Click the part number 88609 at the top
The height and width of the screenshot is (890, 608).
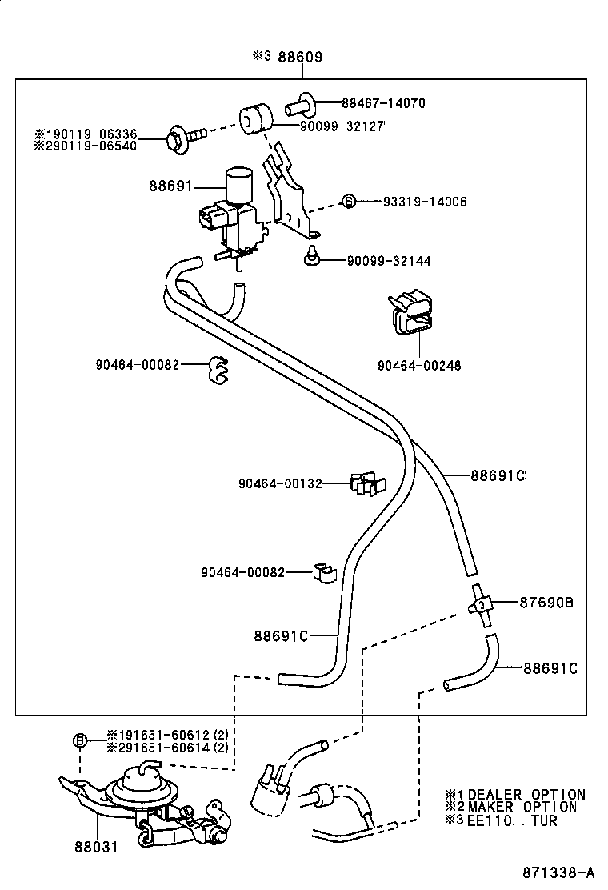(x=300, y=57)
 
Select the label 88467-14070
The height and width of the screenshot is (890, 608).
(x=383, y=103)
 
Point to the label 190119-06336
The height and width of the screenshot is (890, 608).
(x=90, y=134)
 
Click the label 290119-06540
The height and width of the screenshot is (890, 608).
(x=90, y=146)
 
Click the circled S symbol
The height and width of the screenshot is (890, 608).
(x=349, y=202)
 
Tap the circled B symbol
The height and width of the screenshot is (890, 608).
(x=80, y=740)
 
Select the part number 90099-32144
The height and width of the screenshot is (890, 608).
(x=388, y=261)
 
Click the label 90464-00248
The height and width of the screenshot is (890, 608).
(x=419, y=365)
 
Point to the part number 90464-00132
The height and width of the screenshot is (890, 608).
(x=280, y=483)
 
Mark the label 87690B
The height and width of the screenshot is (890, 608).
(x=546, y=603)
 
